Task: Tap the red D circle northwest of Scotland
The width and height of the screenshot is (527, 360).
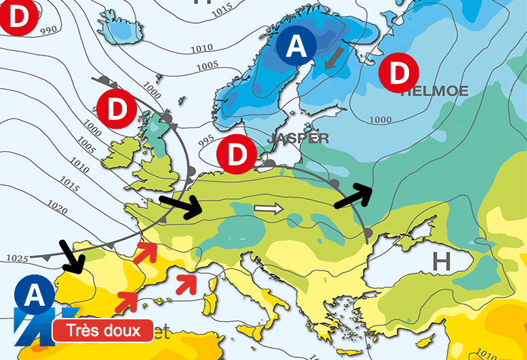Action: (117, 108)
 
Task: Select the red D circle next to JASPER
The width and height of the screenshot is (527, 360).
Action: (237, 154)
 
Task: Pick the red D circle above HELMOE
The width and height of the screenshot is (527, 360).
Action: (398, 72)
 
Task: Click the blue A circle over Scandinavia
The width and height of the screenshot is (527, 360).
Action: (296, 46)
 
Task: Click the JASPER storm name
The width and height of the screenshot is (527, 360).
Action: (298, 138)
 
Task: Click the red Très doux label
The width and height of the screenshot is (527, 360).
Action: (102, 331)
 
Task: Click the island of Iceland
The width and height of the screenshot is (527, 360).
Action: (121, 28)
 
